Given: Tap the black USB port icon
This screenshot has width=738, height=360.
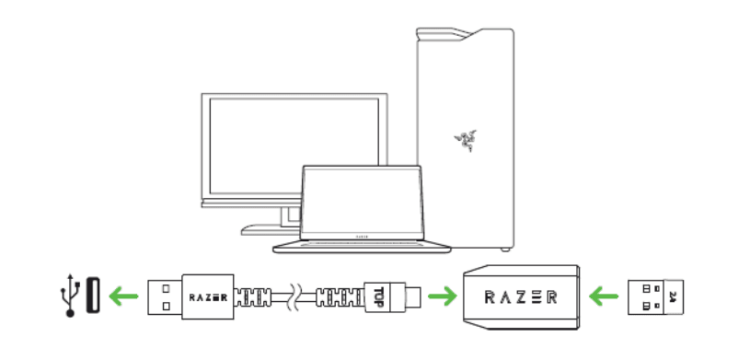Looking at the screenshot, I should [x=93, y=296].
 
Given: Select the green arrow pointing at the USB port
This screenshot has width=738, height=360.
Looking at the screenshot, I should [x=121, y=296].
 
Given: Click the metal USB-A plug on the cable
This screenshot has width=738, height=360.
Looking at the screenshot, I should [x=165, y=296].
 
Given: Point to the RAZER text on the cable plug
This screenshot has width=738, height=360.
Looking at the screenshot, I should [x=210, y=297].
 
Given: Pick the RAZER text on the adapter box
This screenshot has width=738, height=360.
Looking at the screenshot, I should [x=520, y=297].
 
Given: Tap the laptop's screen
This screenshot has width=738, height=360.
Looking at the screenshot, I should [x=361, y=200].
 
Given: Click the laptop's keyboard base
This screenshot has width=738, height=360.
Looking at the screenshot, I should [x=362, y=246].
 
